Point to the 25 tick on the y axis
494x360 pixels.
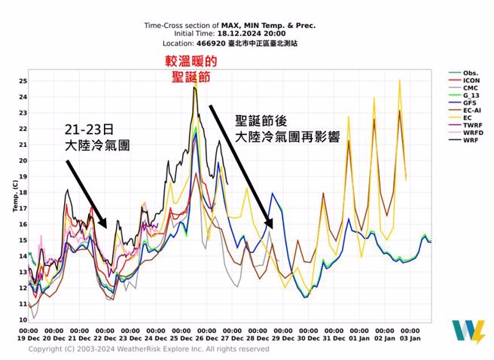pos(23,81)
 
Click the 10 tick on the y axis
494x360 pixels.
pos(23,319)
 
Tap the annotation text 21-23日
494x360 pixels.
pos(89,129)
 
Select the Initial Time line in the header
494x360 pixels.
pos(230,33)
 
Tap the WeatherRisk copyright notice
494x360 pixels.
pos(148,349)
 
